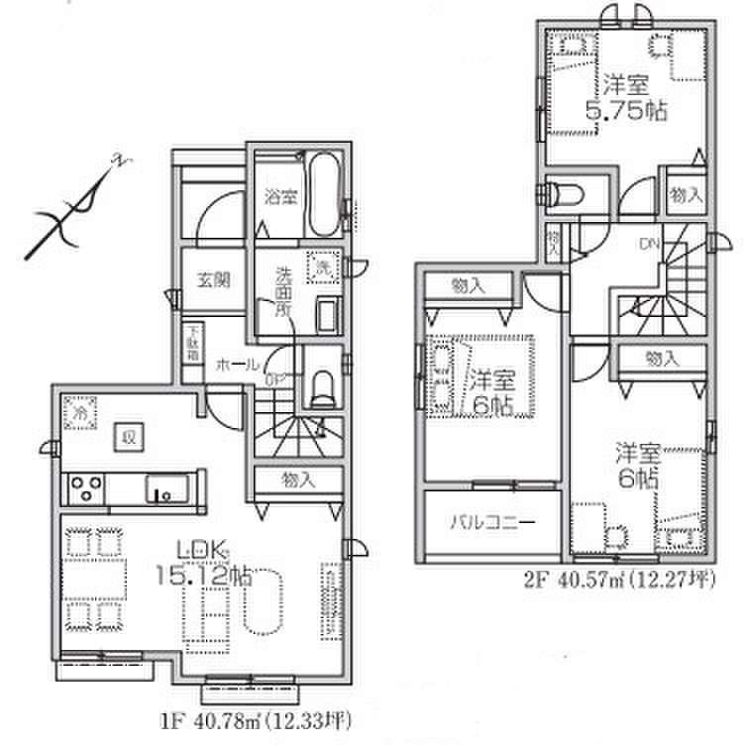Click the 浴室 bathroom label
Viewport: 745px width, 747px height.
280,197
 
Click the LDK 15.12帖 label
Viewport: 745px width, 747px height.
206,560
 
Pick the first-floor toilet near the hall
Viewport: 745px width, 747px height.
323,386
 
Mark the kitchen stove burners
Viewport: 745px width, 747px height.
82,487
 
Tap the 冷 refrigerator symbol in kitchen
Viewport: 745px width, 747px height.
78,411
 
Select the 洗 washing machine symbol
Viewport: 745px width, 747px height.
322,267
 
